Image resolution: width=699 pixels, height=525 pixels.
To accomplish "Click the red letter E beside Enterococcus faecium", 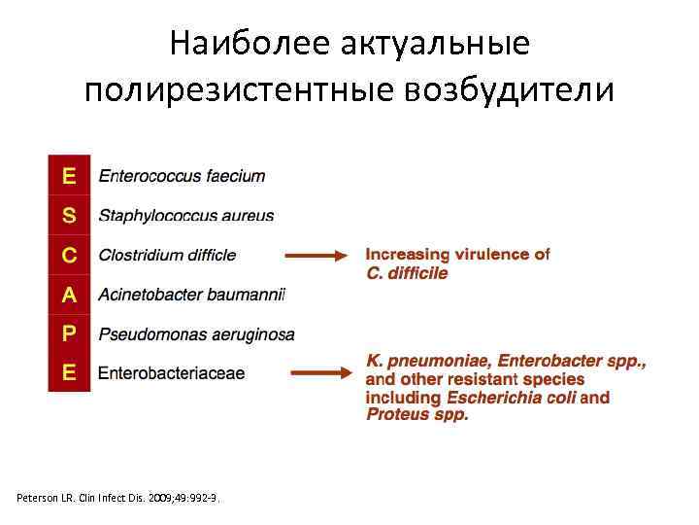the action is [x=69, y=176].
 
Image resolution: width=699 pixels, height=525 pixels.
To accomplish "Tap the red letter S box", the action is [x=69, y=215].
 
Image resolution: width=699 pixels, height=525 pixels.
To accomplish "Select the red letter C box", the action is [x=69, y=255].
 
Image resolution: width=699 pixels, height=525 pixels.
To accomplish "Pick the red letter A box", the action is [x=69, y=294].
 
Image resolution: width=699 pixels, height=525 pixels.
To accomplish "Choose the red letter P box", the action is [x=69, y=333].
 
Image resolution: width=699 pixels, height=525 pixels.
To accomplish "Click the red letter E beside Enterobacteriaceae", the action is [x=69, y=372].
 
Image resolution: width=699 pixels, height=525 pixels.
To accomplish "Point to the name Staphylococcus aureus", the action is [x=186, y=216].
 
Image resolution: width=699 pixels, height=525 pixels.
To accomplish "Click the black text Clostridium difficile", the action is [x=167, y=255].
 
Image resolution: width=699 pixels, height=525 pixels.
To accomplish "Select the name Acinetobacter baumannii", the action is [x=191, y=295].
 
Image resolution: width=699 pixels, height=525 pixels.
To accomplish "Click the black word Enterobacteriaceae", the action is [x=171, y=372].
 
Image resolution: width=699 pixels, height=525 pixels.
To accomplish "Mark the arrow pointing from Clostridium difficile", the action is [x=315, y=256].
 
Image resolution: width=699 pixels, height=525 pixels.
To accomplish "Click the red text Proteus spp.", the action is [x=416, y=415].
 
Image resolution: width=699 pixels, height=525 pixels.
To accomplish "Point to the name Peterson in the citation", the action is [x=40, y=498].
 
